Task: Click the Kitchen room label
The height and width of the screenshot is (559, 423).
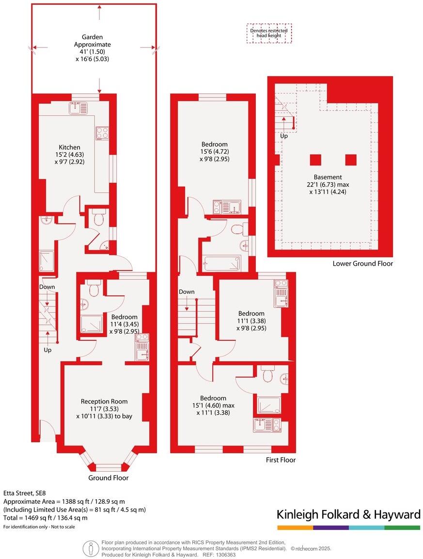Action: pyautogui.click(x=69, y=147)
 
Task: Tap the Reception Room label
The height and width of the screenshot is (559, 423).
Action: pyautogui.click(x=104, y=401)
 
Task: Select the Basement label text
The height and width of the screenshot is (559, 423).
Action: pyautogui.click(x=328, y=177)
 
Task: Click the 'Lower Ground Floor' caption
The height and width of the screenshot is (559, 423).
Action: pyautogui.click(x=362, y=264)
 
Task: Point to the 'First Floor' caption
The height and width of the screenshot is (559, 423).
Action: pyautogui.click(x=280, y=460)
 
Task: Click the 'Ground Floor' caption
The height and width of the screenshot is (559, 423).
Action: pyautogui.click(x=108, y=478)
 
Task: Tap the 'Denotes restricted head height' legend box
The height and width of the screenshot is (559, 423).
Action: pyautogui.click(x=269, y=33)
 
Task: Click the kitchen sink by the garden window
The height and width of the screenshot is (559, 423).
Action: pyautogui.click(x=77, y=108)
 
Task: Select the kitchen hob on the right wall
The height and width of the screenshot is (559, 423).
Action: pyautogui.click(x=102, y=132)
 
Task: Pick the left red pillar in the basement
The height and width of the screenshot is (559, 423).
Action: pyautogui.click(x=315, y=160)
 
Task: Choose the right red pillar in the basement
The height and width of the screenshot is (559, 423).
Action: pyautogui.click(x=351, y=160)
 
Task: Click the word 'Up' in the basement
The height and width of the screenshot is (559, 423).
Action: pyautogui.click(x=284, y=136)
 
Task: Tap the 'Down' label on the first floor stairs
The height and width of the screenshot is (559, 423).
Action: pyautogui.click(x=187, y=292)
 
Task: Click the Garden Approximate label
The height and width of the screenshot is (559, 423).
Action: pyautogui.click(x=92, y=40)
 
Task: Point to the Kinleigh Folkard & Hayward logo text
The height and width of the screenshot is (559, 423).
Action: pyautogui.click(x=348, y=514)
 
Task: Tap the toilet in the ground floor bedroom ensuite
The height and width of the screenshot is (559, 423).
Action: pyautogui.click(x=94, y=289)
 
